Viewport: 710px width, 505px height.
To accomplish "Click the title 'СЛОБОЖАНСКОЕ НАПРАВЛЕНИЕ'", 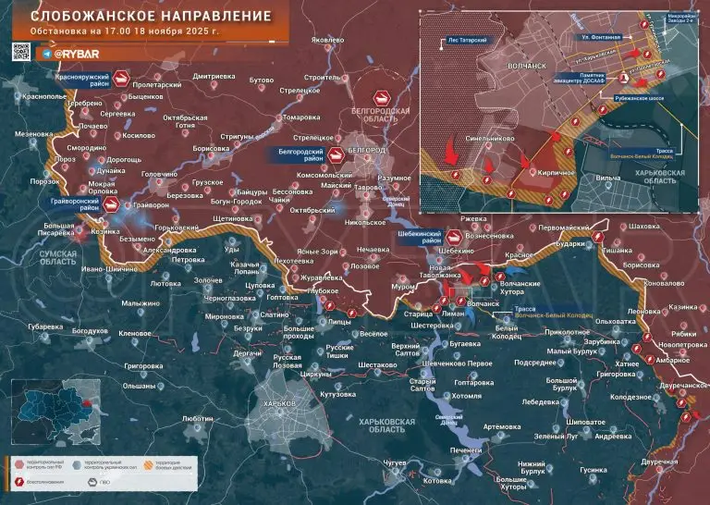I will tap(144, 17).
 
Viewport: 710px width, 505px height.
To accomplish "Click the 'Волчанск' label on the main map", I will tap(484, 302).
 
